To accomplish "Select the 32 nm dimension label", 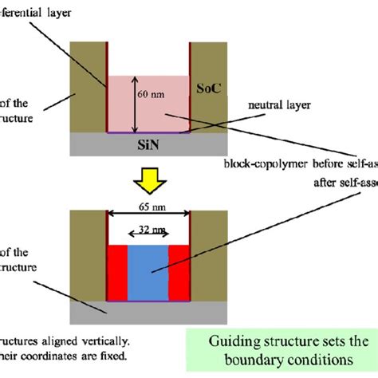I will click(148, 230).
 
